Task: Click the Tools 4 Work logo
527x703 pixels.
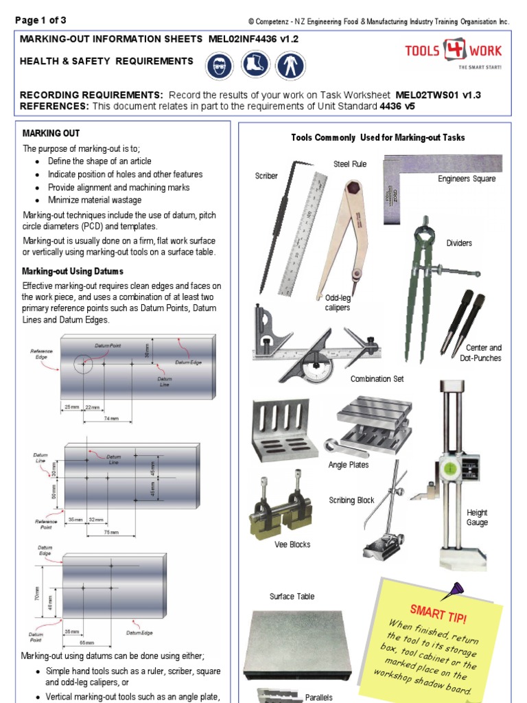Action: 463,53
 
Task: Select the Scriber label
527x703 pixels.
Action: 266,176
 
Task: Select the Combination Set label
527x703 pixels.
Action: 372,379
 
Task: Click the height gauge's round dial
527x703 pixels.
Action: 451,469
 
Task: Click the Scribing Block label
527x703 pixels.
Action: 351,500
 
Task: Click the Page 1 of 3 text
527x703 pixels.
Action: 41,20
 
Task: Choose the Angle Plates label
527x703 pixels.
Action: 349,465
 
